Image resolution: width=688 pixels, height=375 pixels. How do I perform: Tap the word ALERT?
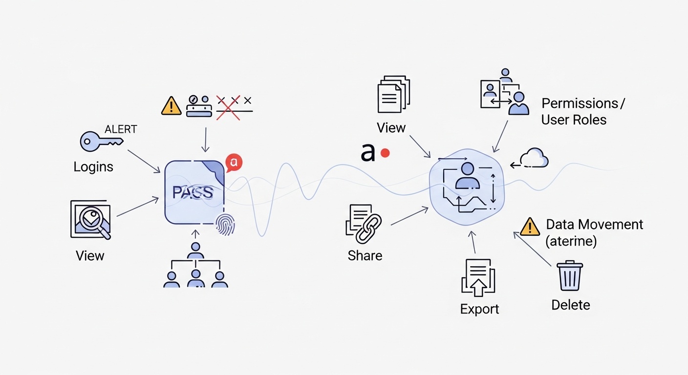click(x=121, y=129)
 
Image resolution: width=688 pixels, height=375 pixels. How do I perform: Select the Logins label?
click(x=93, y=167)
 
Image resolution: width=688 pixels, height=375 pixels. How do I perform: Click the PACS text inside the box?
click(x=193, y=192)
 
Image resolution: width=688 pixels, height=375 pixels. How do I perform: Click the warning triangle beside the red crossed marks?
click(x=171, y=106)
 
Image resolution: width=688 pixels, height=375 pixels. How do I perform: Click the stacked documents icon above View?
click(x=393, y=94)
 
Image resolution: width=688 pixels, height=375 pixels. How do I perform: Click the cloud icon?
click(x=534, y=159)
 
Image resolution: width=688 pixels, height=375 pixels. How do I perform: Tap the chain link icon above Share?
click(x=367, y=228)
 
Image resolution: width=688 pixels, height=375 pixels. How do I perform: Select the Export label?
click(x=479, y=309)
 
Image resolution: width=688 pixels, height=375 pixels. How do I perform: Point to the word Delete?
click(x=570, y=305)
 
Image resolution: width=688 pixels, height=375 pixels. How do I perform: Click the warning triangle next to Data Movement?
click(x=530, y=228)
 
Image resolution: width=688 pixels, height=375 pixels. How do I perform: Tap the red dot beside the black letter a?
click(x=385, y=153)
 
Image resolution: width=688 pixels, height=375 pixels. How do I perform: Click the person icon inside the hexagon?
click(x=467, y=176)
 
